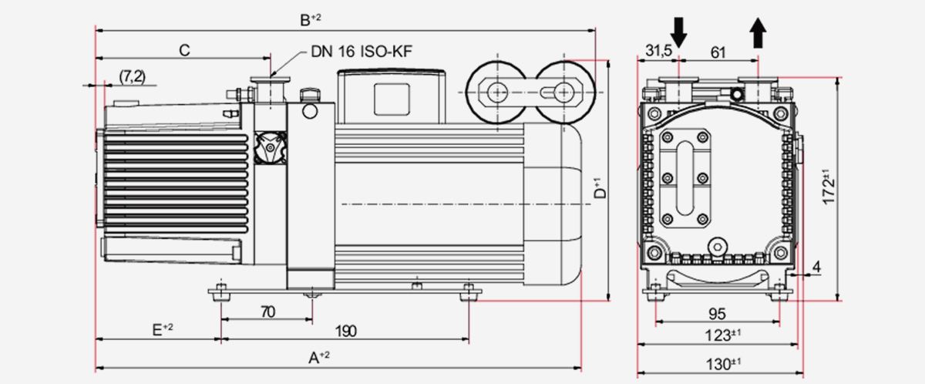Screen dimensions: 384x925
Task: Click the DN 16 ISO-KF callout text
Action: [x=362, y=52]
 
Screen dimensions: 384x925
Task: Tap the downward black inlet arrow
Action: [x=679, y=32]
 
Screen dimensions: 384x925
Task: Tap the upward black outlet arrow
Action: [x=758, y=33]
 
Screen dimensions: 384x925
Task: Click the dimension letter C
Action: [x=184, y=51]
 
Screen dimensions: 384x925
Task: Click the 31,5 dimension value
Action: [x=659, y=52]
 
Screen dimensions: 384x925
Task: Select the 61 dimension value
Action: [x=718, y=52]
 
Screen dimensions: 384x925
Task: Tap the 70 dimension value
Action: [x=267, y=312]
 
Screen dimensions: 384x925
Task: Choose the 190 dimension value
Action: [x=346, y=331]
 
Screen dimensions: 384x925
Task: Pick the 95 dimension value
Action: [x=717, y=314]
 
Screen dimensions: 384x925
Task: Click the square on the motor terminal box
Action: [x=393, y=98]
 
